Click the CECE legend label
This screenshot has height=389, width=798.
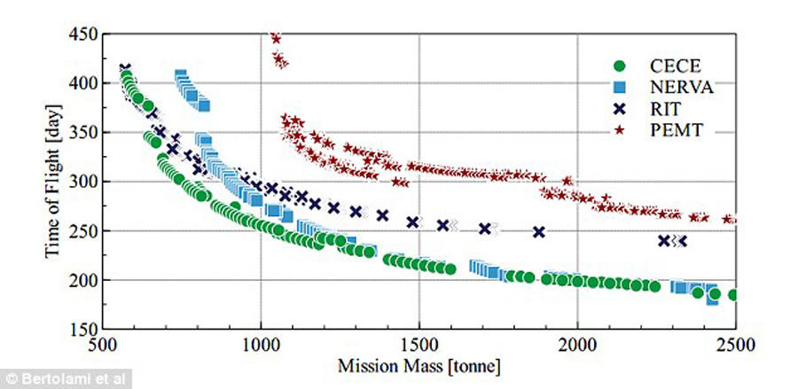[654, 66]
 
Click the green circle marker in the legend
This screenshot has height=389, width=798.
[621, 66]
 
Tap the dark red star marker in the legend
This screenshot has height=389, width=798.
[621, 130]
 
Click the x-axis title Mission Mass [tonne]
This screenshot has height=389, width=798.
[418, 362]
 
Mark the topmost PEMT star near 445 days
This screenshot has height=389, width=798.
[275, 38]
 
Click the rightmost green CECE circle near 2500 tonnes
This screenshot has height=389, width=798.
[733, 295]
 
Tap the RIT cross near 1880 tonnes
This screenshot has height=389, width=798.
[538, 232]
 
